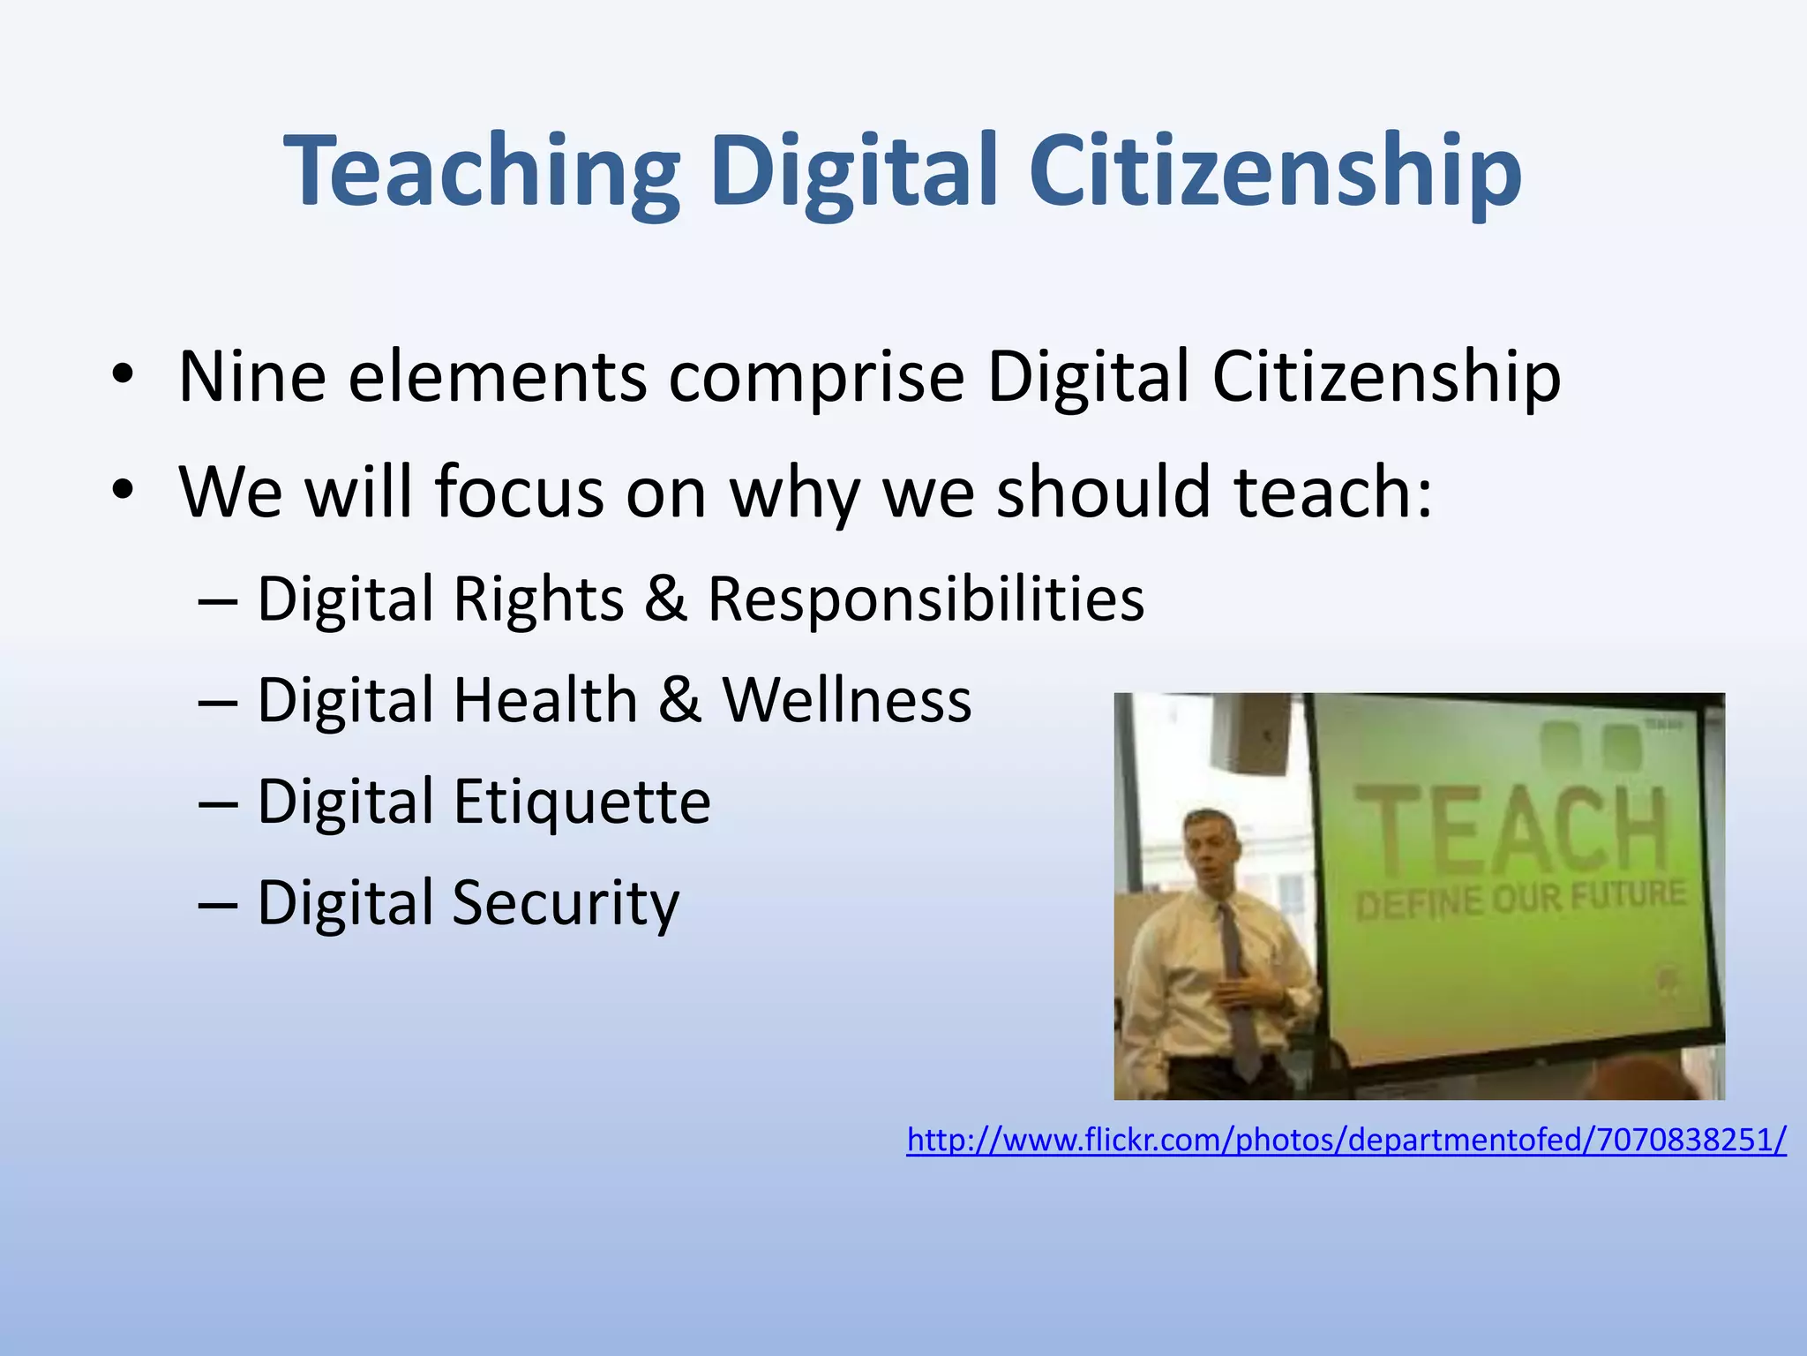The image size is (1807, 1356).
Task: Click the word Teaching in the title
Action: tap(482, 172)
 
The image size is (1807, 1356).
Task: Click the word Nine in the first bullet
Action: tap(252, 378)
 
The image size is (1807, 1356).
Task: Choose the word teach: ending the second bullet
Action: tap(1332, 492)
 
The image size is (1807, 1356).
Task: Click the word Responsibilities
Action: tap(926, 599)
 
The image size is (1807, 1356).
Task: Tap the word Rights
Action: tap(539, 599)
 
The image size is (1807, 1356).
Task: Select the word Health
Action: tap(545, 700)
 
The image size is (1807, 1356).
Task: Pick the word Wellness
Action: tap(847, 700)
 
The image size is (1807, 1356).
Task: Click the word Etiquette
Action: tap(581, 802)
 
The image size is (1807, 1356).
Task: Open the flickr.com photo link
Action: tap(1346, 1140)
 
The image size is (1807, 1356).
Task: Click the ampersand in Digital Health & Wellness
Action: tap(679, 700)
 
